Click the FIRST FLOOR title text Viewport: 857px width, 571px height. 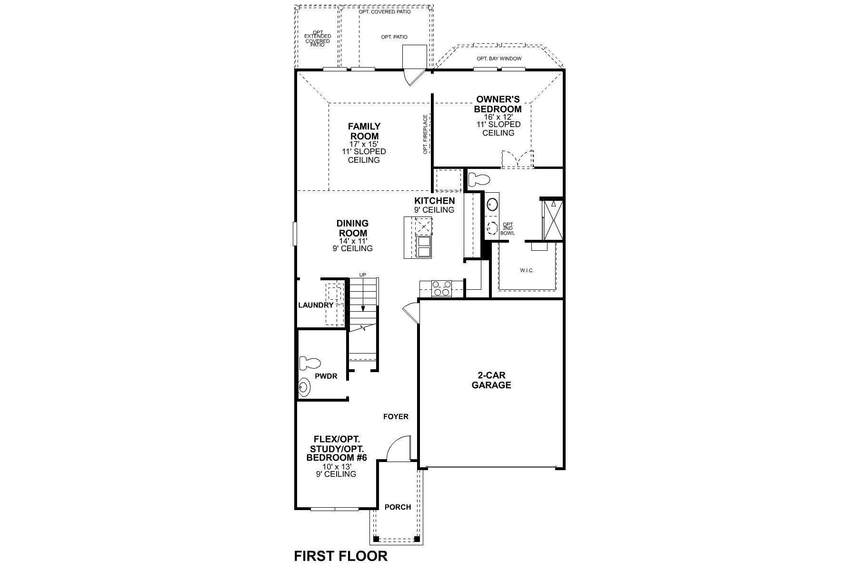pyautogui.click(x=340, y=556)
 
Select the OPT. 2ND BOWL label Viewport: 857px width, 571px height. pyautogui.click(x=508, y=229)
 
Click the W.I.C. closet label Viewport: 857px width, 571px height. pyautogui.click(x=527, y=270)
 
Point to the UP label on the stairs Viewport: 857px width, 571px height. pyautogui.click(x=362, y=275)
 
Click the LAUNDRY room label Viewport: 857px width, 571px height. pyautogui.click(x=316, y=305)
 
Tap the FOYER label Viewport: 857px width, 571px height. pyautogui.click(x=396, y=417)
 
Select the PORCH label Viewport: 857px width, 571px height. pyautogui.click(x=398, y=507)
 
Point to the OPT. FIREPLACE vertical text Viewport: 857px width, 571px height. pyautogui.click(x=425, y=134)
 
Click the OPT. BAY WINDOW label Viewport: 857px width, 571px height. pyautogui.click(x=499, y=59)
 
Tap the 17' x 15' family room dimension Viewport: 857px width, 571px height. pyautogui.click(x=364, y=144)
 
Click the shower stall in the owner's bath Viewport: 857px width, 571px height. pyautogui.click(x=552, y=220)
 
